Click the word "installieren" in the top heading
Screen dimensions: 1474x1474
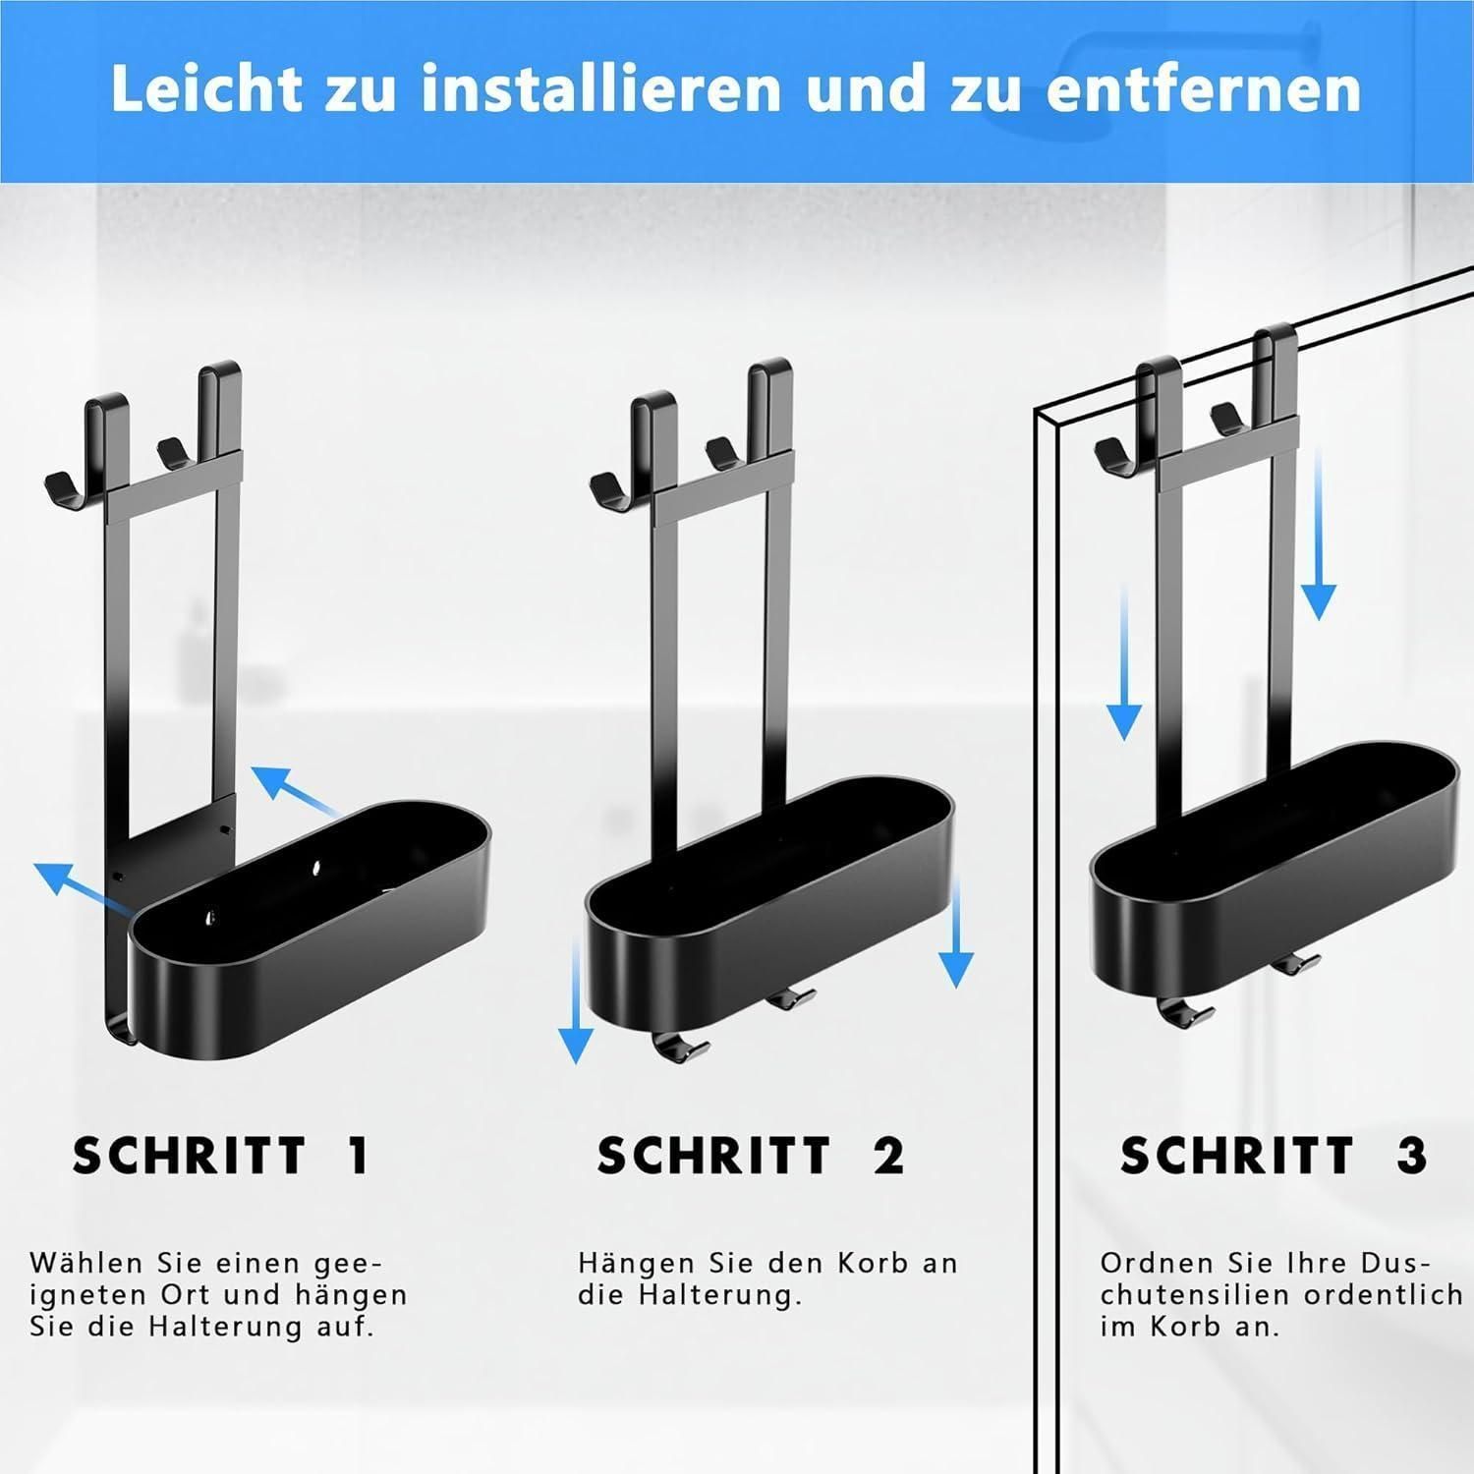click(601, 88)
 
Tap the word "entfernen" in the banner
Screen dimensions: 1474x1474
click(1204, 88)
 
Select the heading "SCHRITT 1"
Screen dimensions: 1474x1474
click(221, 1156)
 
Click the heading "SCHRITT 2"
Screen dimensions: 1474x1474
click(750, 1156)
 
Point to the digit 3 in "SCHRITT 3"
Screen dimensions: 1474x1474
click(1411, 1156)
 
